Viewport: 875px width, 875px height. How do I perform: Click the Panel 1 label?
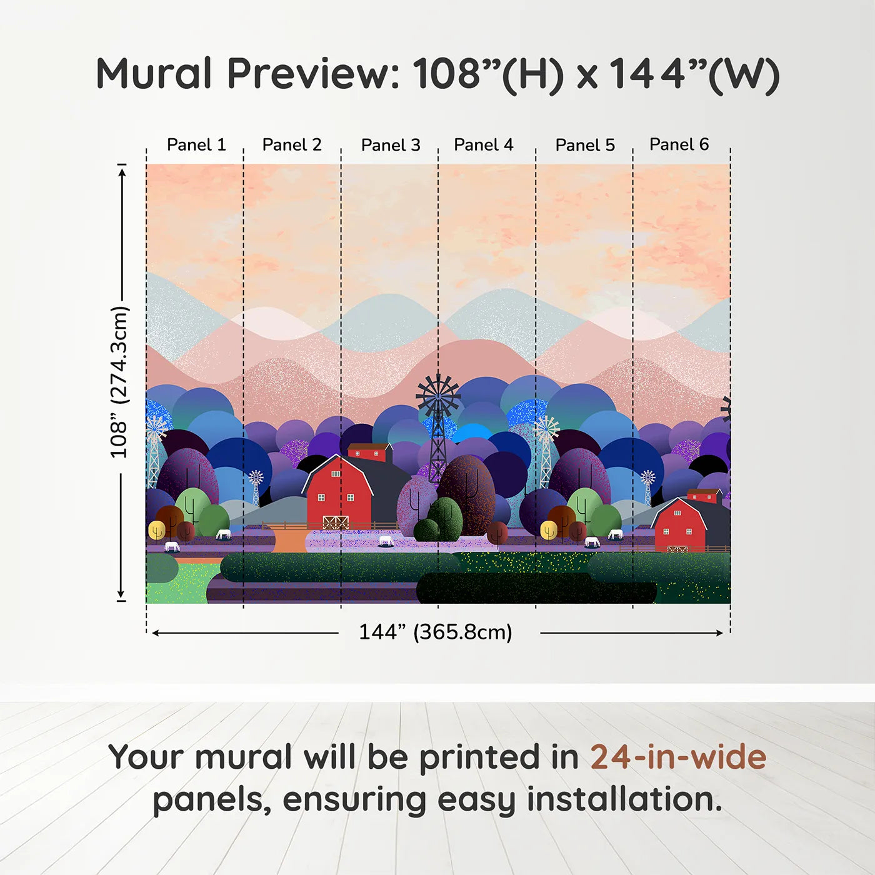pyautogui.click(x=196, y=145)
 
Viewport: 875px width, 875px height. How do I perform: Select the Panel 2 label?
pyautogui.click(x=292, y=145)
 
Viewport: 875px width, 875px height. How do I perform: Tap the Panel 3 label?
pyautogui.click(x=391, y=146)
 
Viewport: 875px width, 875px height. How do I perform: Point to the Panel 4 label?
pyautogui.click(x=484, y=145)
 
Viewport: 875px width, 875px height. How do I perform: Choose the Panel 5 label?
pyautogui.click(x=585, y=146)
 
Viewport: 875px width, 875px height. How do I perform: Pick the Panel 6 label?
pyautogui.click(x=679, y=145)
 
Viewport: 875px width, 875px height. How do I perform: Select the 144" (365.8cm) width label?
pyautogui.click(x=436, y=632)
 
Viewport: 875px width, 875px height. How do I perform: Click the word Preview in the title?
pyautogui.click(x=313, y=74)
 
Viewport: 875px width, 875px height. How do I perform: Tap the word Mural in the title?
pyautogui.click(x=154, y=74)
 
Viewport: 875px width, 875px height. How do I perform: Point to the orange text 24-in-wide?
pyautogui.click(x=678, y=757)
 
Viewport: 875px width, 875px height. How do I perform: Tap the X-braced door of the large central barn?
pyautogui.click(x=335, y=522)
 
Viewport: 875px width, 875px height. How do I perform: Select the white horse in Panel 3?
pyautogui.click(x=386, y=541)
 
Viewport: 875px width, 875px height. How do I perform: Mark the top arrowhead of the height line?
pyautogui.click(x=122, y=169)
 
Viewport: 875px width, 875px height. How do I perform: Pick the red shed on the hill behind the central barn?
pyautogui.click(x=368, y=452)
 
